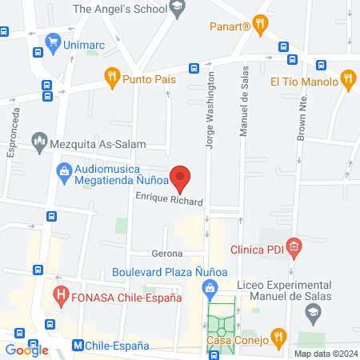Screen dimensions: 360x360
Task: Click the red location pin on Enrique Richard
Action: pos(180,178)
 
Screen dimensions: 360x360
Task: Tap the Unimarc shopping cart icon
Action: pos(54,42)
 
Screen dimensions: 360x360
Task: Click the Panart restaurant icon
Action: pos(259,25)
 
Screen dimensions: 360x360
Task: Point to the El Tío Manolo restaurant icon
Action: pos(347,79)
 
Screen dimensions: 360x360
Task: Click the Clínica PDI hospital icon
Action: pos(294,248)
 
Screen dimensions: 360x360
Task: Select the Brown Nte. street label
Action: pos(302,117)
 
